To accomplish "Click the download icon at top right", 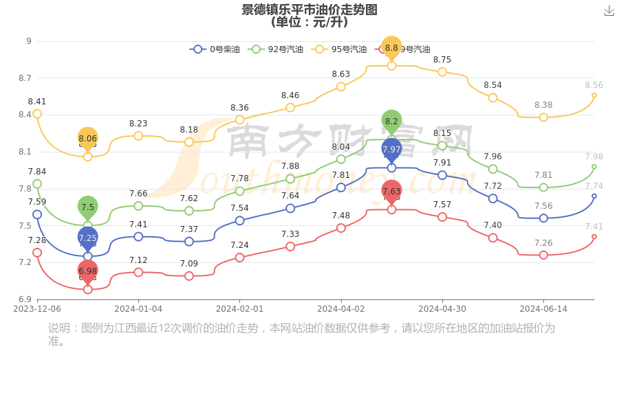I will click(609, 10).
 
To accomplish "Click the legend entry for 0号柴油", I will click(215, 49).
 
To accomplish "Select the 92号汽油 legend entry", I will click(275, 49).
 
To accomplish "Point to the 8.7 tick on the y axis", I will click(25, 78).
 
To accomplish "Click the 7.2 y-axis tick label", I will click(25, 262).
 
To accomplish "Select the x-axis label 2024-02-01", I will click(239, 309).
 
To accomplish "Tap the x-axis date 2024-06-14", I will click(543, 309).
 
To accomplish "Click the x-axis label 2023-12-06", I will click(37, 309).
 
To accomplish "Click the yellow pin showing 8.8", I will click(391, 48).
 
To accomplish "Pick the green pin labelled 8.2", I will click(391, 122).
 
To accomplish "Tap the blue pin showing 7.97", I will click(391, 150).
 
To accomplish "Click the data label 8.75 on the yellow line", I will click(442, 60).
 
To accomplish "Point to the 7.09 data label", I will click(189, 264).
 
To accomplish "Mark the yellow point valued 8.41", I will click(37, 114).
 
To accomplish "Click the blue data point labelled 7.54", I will click(239, 220).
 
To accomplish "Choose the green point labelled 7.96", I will click(493, 169).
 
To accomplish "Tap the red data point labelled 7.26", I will click(543, 255).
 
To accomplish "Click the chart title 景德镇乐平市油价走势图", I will click(309, 10).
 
